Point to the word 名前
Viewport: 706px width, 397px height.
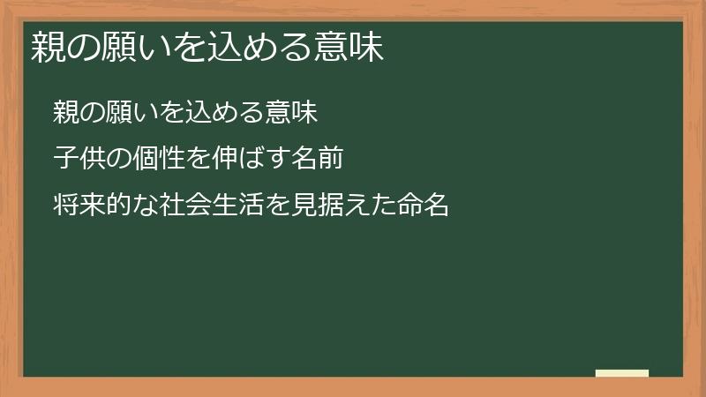point(318,160)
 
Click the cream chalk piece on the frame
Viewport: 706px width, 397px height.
point(622,373)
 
